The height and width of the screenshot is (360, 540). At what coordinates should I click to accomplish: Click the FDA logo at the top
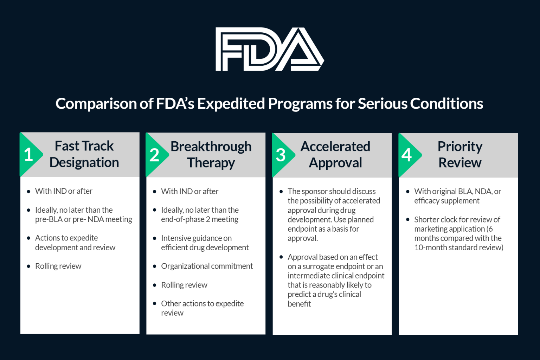(x=269, y=49)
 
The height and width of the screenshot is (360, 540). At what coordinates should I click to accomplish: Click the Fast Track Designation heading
(x=84, y=154)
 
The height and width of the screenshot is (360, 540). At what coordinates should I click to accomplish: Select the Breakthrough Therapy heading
(x=211, y=155)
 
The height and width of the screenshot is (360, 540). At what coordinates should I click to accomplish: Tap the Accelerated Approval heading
(x=335, y=155)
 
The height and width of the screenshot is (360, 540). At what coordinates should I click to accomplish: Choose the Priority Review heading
(x=460, y=155)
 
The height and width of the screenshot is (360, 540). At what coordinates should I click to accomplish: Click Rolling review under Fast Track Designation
(x=58, y=266)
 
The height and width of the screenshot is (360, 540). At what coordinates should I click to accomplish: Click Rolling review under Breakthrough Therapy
(x=184, y=285)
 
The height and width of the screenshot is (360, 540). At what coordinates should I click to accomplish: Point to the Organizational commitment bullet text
(x=207, y=266)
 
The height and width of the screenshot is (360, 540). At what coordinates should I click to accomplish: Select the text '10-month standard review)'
(x=459, y=247)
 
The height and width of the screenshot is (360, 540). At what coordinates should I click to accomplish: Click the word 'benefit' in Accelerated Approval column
(x=299, y=304)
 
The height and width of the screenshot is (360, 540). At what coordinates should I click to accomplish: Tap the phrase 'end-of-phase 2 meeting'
(x=200, y=219)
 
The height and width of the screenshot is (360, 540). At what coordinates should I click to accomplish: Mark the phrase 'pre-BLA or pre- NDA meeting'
(x=84, y=219)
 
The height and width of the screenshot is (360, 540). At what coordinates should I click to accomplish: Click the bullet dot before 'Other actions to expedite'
(x=155, y=303)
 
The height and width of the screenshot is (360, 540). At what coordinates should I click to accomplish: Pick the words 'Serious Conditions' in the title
(x=420, y=104)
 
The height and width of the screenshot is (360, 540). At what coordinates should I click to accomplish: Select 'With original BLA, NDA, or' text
(x=457, y=192)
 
